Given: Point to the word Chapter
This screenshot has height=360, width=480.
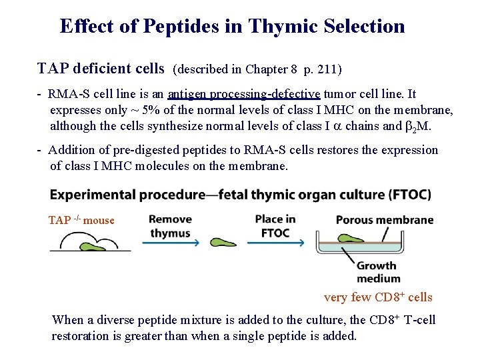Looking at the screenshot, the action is coord(267,69).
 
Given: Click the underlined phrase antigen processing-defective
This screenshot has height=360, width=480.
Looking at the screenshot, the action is coord(244,94).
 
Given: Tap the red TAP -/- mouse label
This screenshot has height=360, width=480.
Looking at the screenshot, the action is coord(81,220).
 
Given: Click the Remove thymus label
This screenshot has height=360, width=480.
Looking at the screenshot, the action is coord(171,226).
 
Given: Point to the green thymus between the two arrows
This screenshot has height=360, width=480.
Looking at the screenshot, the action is coord(224,243).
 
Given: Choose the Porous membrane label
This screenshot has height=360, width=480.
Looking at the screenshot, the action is coord(385,219).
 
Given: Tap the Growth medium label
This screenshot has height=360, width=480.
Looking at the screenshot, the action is coord(378,272).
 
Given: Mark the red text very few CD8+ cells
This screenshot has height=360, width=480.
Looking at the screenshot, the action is coord(378,297).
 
